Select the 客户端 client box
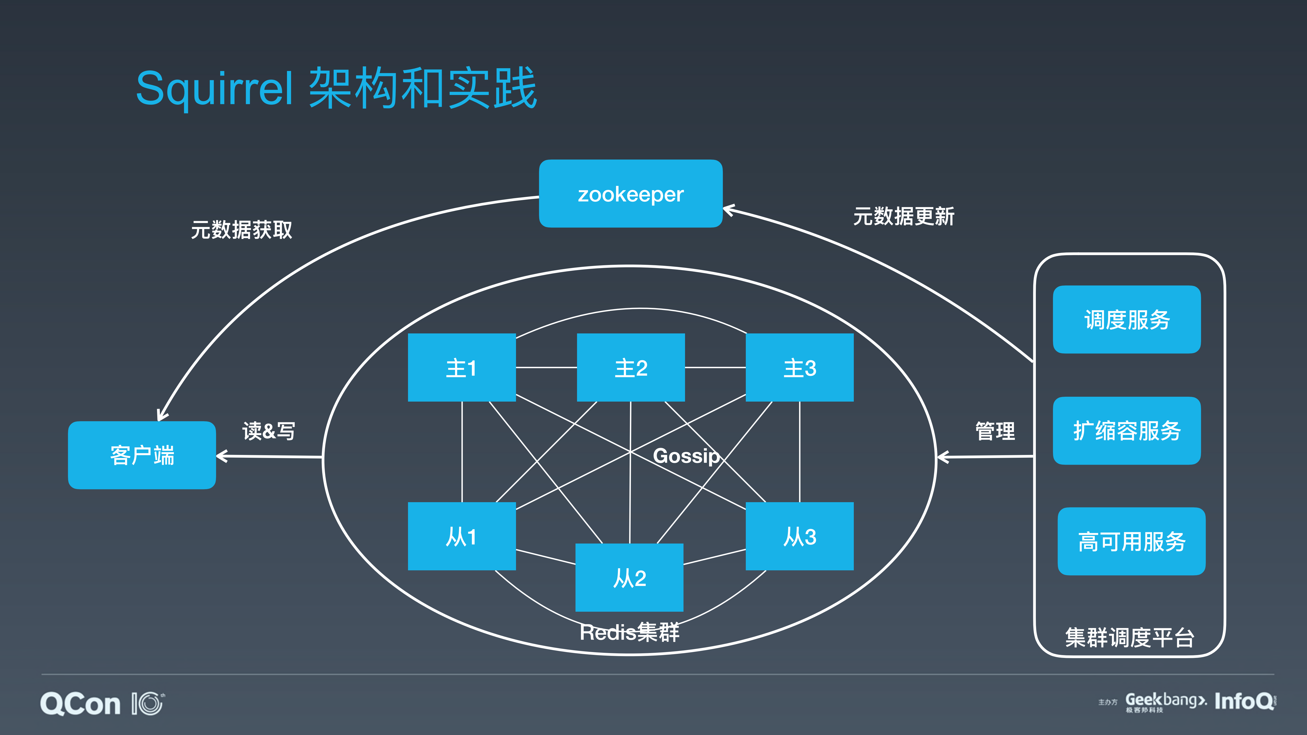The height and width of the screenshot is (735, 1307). pyautogui.click(x=142, y=455)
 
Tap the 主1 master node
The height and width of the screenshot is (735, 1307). pyautogui.click(x=462, y=368)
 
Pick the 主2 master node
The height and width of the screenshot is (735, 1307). pyautogui.click(x=631, y=368)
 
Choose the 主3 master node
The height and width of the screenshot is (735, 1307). pyautogui.click(x=800, y=368)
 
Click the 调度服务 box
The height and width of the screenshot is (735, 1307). pyautogui.click(x=1127, y=320)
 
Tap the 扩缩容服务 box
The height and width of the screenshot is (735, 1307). pyautogui.click(x=1127, y=431)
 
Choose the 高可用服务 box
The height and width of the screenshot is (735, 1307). pyautogui.click(x=1131, y=541)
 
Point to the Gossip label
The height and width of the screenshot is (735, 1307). pyautogui.click(x=686, y=456)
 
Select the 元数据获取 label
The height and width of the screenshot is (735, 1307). pyautogui.click(x=242, y=230)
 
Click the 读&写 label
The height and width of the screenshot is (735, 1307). pyautogui.click(x=268, y=431)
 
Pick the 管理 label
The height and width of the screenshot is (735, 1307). pyautogui.click(x=995, y=431)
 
